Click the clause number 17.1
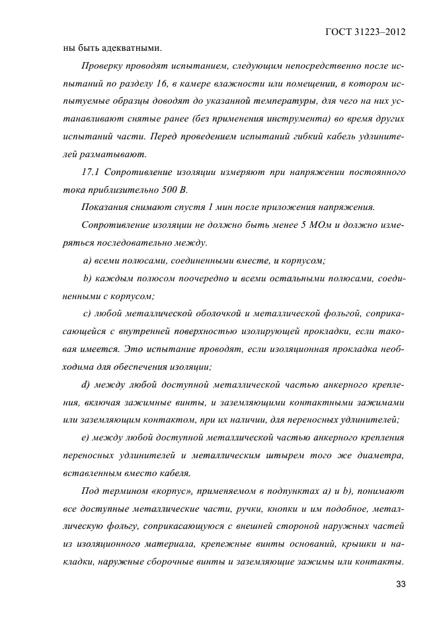[90, 172]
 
